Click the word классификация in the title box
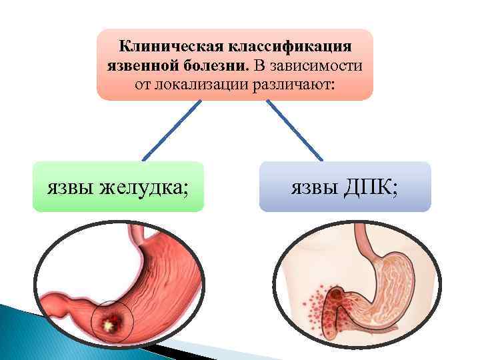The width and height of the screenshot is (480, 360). [292, 47]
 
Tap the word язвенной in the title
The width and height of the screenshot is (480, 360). [141, 66]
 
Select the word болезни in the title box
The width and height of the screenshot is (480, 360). [214, 66]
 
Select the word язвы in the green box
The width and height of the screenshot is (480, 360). [70, 187]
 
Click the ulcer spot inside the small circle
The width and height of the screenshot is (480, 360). [108, 325]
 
